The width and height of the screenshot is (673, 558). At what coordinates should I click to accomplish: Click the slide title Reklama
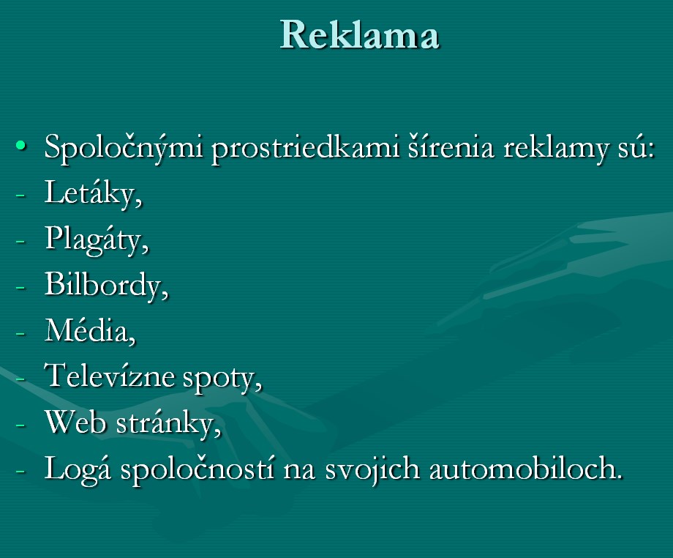click(x=359, y=34)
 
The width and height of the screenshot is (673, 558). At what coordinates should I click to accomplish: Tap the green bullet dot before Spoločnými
click(x=20, y=146)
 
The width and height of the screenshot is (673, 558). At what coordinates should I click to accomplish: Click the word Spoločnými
click(x=124, y=148)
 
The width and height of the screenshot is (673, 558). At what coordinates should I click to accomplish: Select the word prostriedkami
click(x=305, y=148)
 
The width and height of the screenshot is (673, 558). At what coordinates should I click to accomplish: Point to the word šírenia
click(x=451, y=147)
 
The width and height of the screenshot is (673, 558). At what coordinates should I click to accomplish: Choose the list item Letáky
click(x=93, y=193)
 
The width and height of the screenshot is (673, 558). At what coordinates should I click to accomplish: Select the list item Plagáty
click(x=97, y=239)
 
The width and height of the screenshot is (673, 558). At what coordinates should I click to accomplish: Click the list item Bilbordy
click(x=106, y=285)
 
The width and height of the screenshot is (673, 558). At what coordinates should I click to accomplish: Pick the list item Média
click(x=90, y=331)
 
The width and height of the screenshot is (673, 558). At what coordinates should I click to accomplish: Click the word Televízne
click(x=110, y=376)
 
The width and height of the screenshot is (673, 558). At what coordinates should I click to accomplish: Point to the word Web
click(x=75, y=423)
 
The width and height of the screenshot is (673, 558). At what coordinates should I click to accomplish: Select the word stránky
click(x=168, y=425)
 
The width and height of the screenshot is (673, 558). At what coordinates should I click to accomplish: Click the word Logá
click(x=78, y=470)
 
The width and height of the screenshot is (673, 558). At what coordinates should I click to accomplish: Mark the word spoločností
click(x=197, y=470)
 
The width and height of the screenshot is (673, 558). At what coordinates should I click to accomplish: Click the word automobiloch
click(x=526, y=468)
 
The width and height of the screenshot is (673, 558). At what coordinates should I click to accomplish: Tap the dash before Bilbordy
click(x=20, y=286)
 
